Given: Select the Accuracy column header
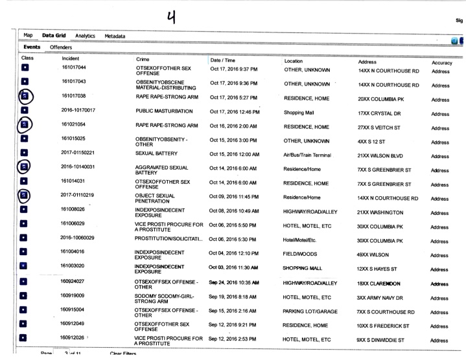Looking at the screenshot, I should (x=440, y=62).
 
